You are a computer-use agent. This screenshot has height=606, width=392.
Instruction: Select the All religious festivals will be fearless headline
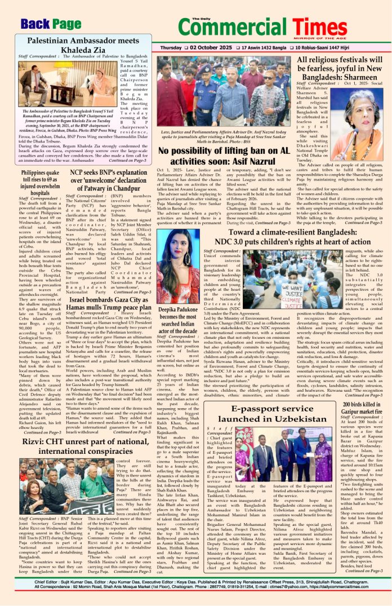(340, 70)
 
